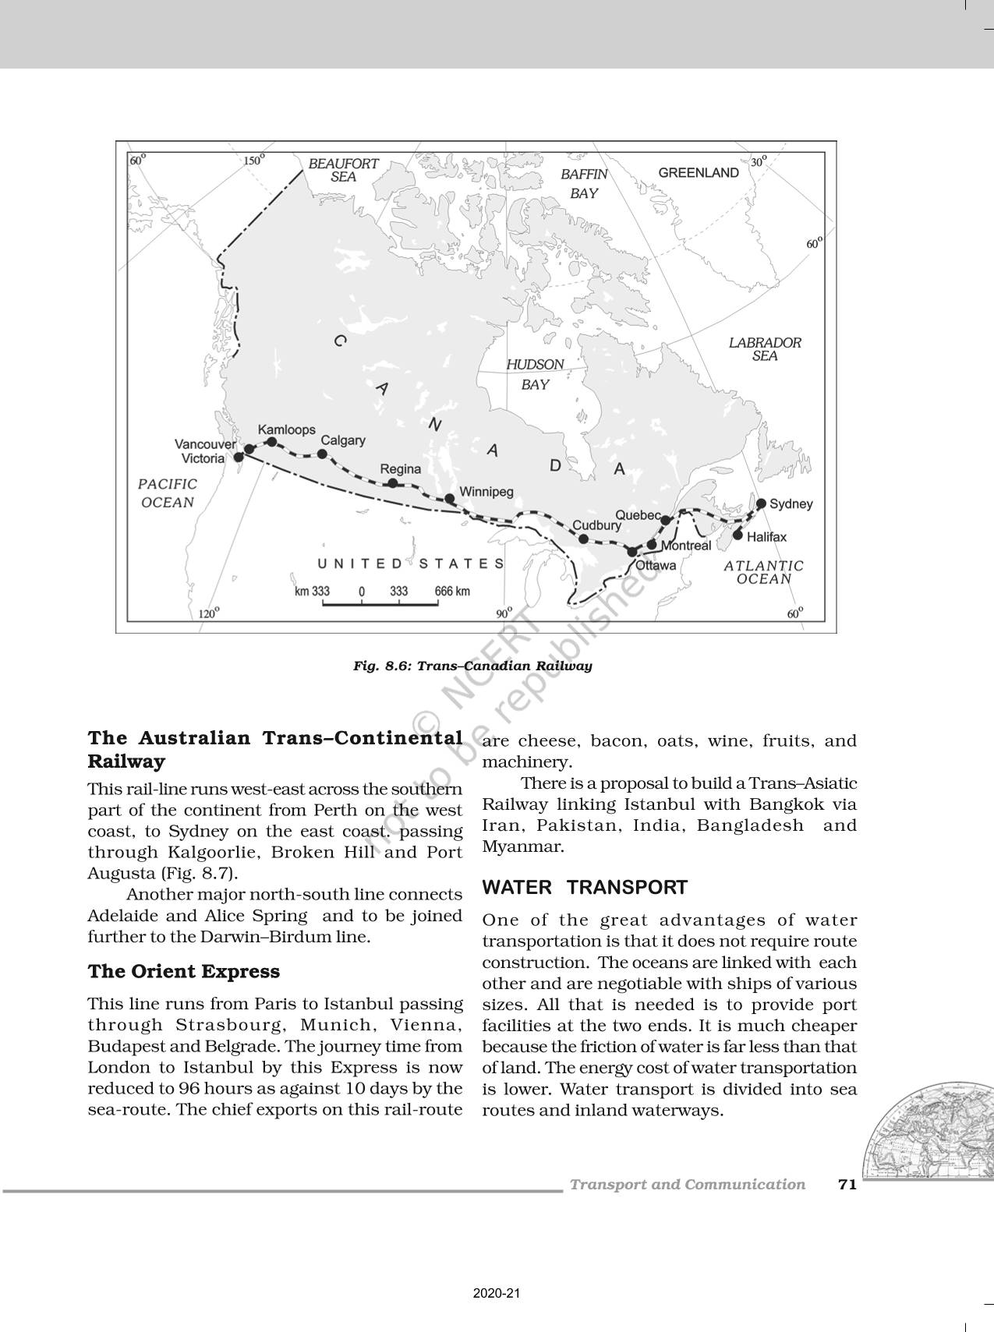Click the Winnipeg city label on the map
point(486,492)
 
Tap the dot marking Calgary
point(322,454)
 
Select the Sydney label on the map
point(791,504)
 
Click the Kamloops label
point(286,429)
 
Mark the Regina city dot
point(393,483)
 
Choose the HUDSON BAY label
point(535,374)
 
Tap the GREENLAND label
point(699,173)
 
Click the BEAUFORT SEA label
point(343,170)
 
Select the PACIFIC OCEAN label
point(168,493)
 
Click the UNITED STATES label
point(411,564)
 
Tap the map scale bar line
point(380,602)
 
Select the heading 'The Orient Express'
point(183,971)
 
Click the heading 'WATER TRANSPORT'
point(585,887)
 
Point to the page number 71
point(847,1185)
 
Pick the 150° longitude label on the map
point(254,161)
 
